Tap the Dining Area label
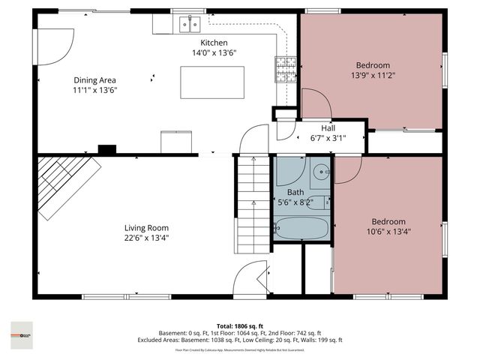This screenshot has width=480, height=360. [94, 80]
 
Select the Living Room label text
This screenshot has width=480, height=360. [146, 228]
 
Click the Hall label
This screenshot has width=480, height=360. [328, 128]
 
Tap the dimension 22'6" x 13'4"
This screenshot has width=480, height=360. [146, 238]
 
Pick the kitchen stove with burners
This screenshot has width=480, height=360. [286, 70]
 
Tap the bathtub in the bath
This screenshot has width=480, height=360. [301, 227]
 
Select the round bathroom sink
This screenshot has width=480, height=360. [321, 171]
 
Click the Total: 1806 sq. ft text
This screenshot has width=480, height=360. [239, 325]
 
